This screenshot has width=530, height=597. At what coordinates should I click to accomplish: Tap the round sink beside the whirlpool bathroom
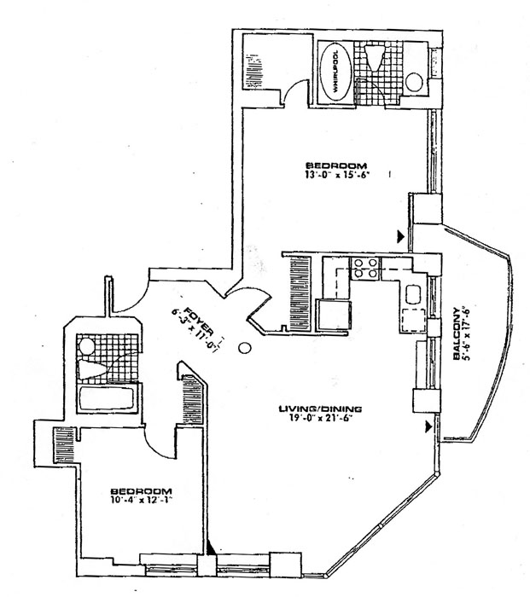(x=414, y=83)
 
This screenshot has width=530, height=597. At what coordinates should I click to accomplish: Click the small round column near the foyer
(x=244, y=348)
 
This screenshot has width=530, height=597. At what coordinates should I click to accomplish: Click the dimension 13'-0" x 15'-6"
(x=339, y=175)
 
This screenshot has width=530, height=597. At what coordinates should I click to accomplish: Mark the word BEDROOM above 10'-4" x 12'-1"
(x=142, y=492)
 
